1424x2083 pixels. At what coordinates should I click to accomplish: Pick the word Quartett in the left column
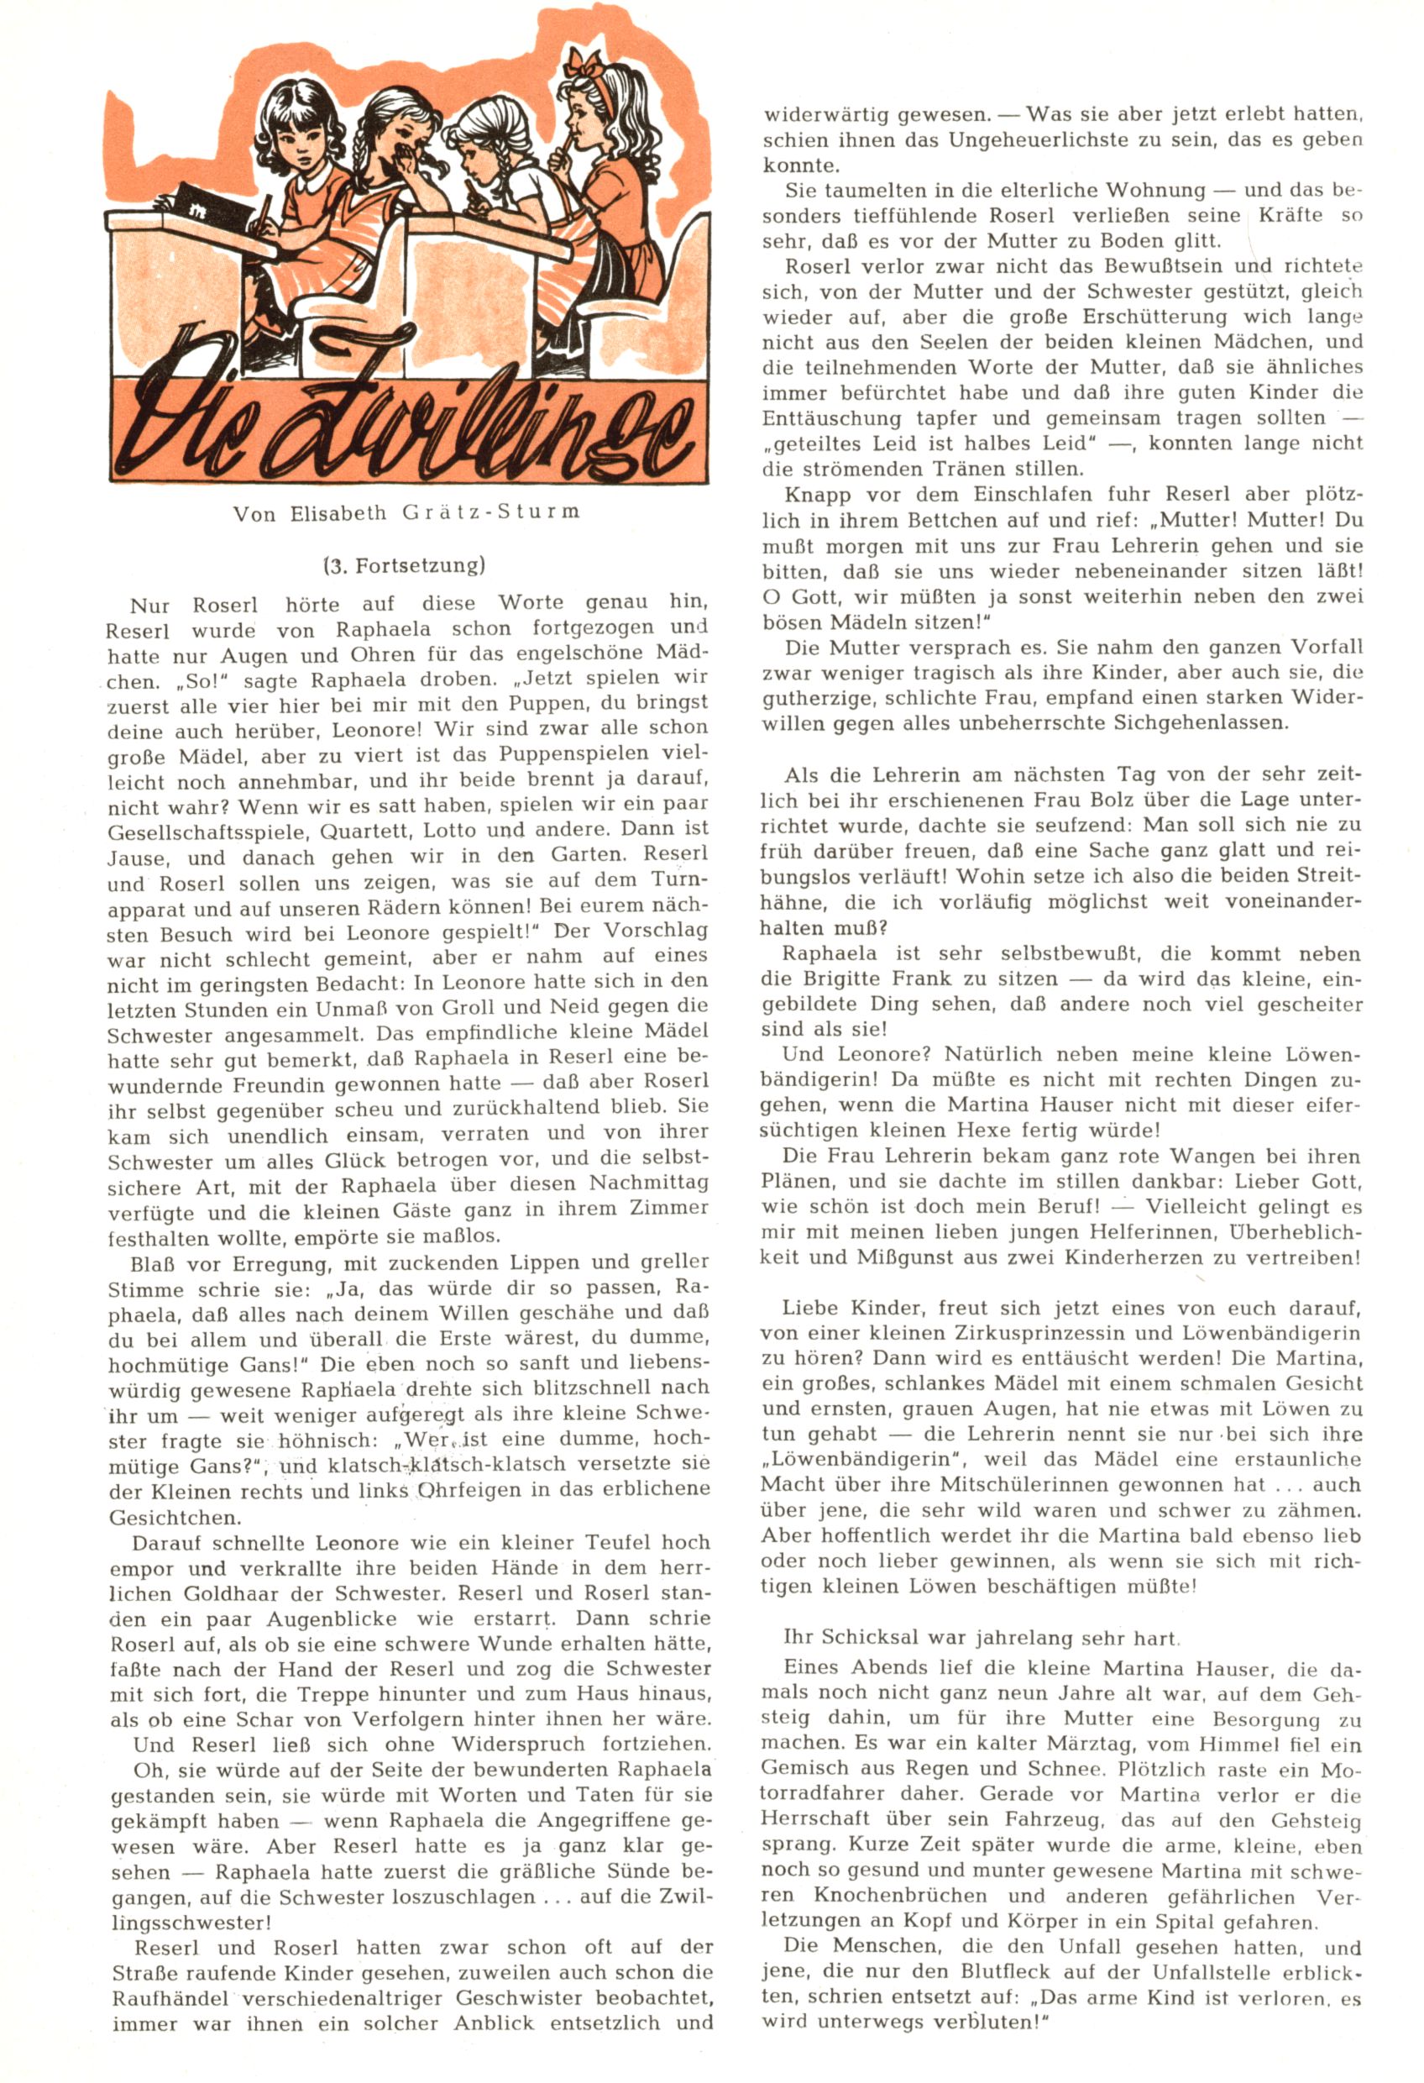[x=364, y=830]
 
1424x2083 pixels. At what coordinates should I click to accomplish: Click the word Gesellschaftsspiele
[x=205, y=831]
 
